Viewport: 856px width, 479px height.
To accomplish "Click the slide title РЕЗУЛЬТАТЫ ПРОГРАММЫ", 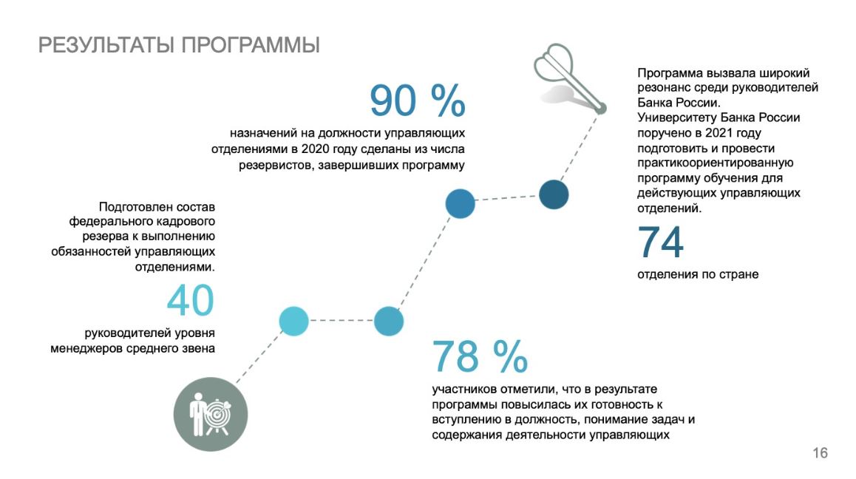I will tap(179, 45).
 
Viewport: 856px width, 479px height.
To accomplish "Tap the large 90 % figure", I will tap(417, 101).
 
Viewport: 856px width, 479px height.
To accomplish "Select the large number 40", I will tap(190, 301).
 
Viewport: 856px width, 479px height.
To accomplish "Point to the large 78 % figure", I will tap(479, 357).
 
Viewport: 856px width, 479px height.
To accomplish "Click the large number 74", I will tap(661, 243).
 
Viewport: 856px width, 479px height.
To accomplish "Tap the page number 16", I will tap(820, 453).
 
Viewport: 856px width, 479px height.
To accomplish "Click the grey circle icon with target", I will tap(211, 414).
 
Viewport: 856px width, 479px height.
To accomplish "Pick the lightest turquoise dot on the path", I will tap(293, 321).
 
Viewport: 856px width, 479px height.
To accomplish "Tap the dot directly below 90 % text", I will tap(459, 204).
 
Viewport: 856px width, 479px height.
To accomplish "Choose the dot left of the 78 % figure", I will tap(388, 321).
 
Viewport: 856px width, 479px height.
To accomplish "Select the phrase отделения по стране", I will tap(698, 274).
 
